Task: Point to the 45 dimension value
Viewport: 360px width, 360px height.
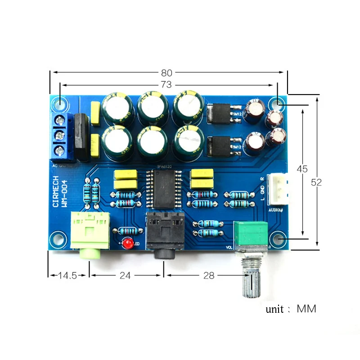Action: (x=302, y=169)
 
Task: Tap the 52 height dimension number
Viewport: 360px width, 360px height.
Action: (x=317, y=182)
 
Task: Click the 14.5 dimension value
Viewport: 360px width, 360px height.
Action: (x=67, y=275)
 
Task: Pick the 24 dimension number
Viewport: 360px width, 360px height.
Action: (x=125, y=275)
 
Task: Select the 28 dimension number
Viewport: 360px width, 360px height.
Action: (x=209, y=275)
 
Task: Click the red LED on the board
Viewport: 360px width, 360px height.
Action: (x=128, y=244)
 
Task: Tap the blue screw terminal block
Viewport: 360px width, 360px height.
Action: (x=62, y=135)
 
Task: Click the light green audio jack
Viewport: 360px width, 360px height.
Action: (x=90, y=234)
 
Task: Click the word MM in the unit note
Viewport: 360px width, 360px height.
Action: (x=306, y=309)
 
